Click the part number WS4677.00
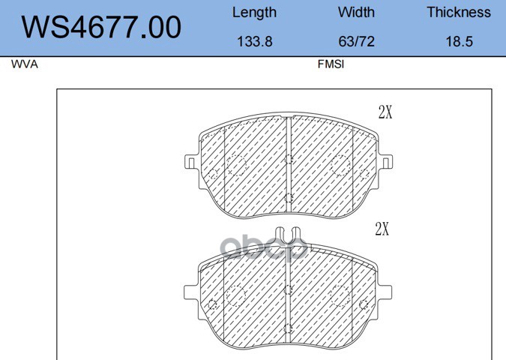coord(101,27)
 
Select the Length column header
coord(254,13)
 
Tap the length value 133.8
coord(255,42)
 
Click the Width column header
coord(356,13)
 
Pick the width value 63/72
coord(356,42)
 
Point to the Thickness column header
coord(459,13)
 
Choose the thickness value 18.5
coord(459,42)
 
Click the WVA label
coord(25,64)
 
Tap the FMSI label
coord(331,64)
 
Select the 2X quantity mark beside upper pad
coord(385,112)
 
